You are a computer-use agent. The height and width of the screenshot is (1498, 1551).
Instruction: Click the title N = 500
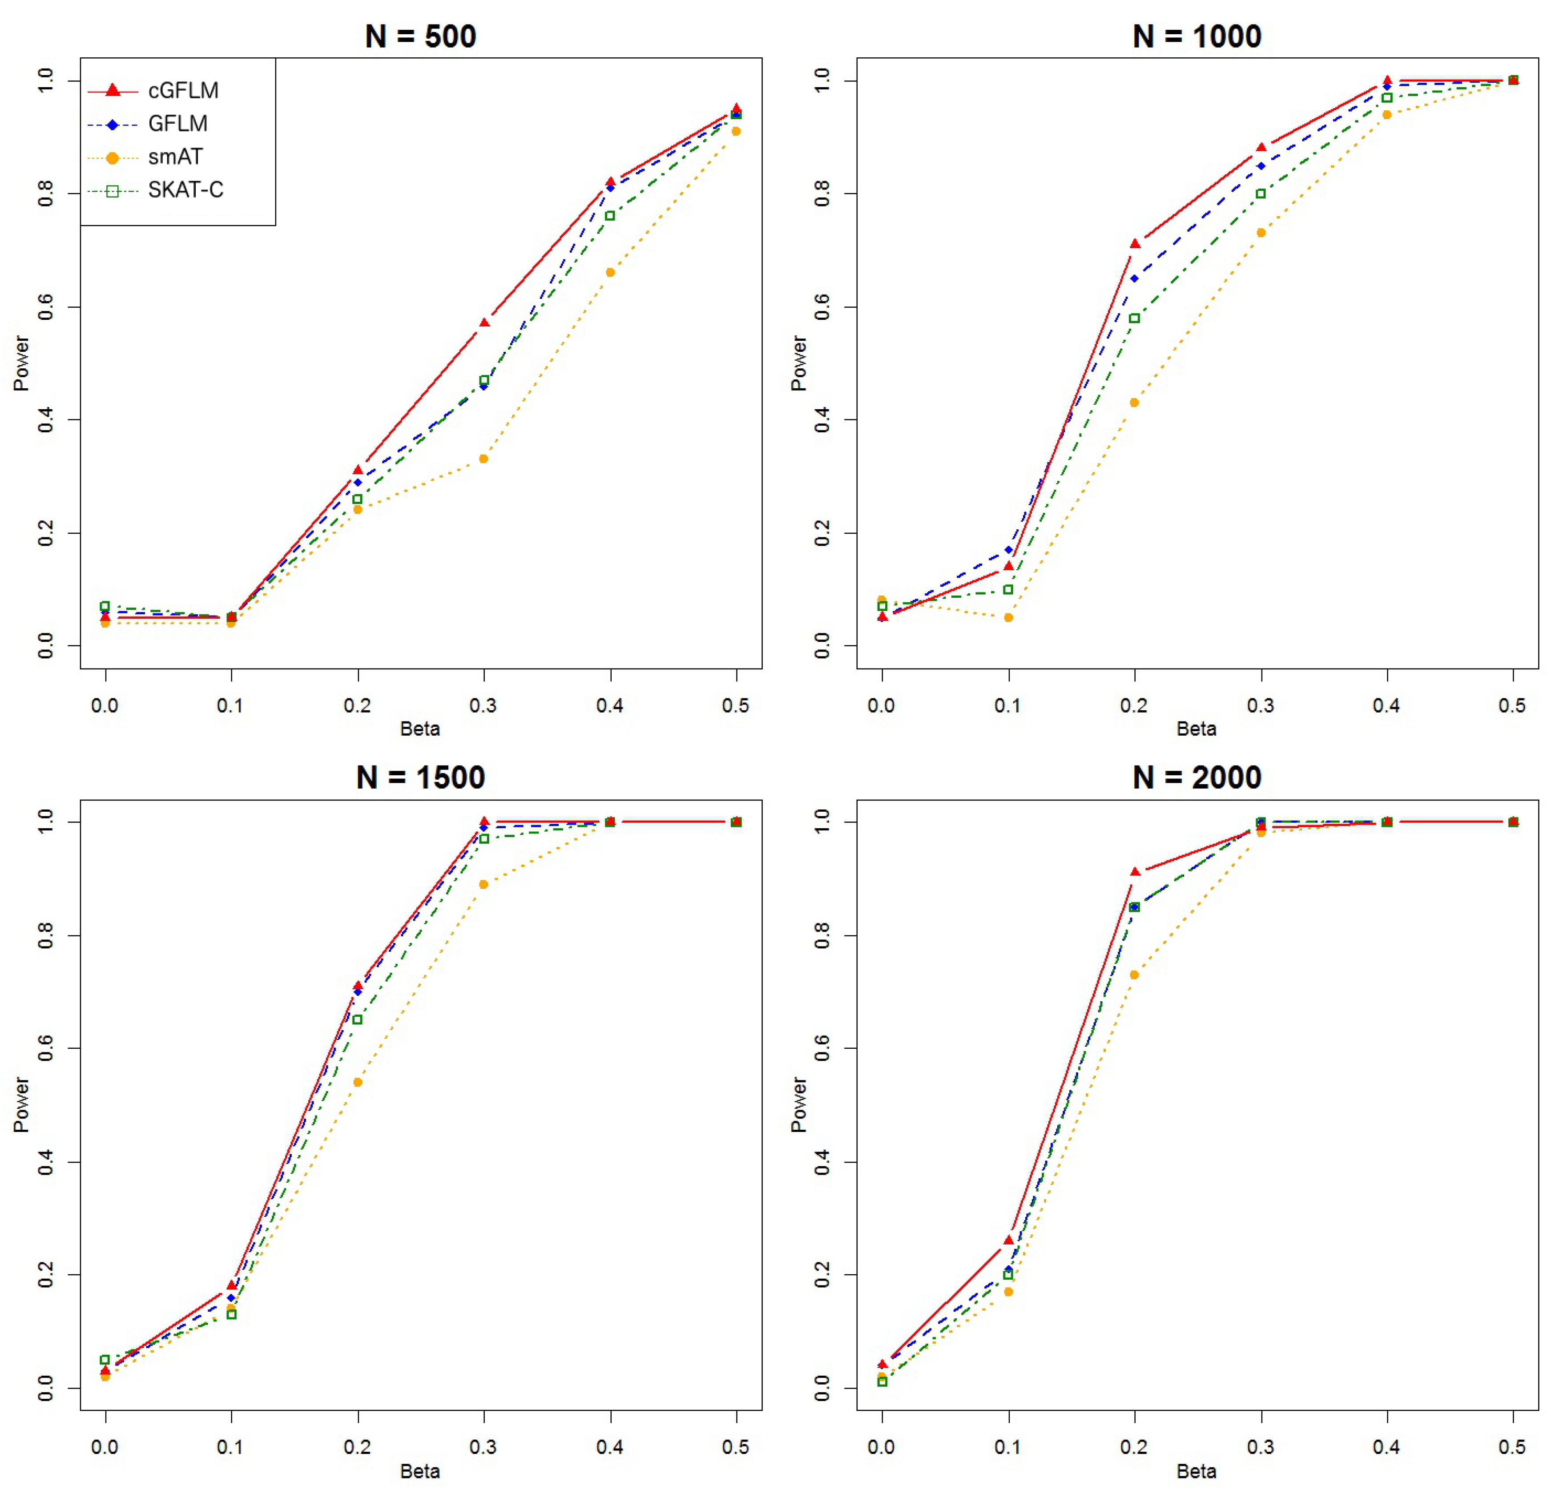point(420,36)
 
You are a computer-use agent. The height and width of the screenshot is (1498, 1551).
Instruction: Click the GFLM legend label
point(177,124)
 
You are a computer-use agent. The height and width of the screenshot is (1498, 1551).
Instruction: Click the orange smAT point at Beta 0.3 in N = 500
point(483,459)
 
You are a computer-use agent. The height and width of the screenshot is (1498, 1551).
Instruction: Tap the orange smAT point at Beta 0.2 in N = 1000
point(1134,403)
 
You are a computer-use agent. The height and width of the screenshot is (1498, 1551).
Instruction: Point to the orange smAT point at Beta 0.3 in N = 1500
point(483,885)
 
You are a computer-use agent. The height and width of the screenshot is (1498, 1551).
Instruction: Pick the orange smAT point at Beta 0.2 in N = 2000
point(1134,975)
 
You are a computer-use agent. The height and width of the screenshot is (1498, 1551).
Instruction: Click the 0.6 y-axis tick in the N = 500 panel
point(46,307)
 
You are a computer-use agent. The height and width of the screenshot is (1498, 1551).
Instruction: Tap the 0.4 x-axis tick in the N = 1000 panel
point(1386,705)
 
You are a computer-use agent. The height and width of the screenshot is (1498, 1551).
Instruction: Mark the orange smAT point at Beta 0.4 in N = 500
point(610,272)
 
